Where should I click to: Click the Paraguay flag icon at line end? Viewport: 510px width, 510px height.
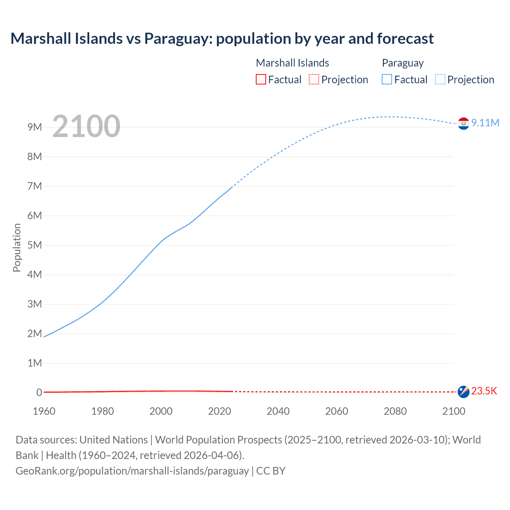click(x=463, y=124)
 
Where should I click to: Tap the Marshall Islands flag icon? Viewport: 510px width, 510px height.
click(x=463, y=392)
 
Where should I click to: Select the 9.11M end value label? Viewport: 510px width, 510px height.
click(x=485, y=123)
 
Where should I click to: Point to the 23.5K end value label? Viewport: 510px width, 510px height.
click(x=484, y=391)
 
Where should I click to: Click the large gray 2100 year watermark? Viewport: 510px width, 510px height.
click(x=86, y=126)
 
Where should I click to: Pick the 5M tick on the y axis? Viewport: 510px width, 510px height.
click(x=35, y=245)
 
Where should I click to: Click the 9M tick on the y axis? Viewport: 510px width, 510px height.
click(x=35, y=127)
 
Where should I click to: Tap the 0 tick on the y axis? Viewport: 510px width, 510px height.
click(x=39, y=392)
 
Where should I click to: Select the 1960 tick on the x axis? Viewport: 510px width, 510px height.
click(x=44, y=411)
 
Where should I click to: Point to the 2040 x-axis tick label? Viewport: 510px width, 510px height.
click(x=278, y=411)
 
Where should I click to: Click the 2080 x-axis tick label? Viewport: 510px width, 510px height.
click(x=395, y=411)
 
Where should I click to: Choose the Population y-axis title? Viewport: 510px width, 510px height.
click(x=17, y=247)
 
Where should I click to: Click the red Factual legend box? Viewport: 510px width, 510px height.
click(x=261, y=80)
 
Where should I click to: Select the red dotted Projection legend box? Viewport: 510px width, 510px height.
click(x=314, y=80)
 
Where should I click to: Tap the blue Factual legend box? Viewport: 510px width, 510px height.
click(x=386, y=80)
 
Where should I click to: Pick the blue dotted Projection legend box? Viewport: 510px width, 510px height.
click(x=440, y=80)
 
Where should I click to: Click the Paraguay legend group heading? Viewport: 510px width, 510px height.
click(x=402, y=63)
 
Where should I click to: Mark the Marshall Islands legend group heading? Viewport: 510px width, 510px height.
click(x=292, y=63)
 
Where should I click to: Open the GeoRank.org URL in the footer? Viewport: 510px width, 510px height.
click(x=132, y=471)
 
